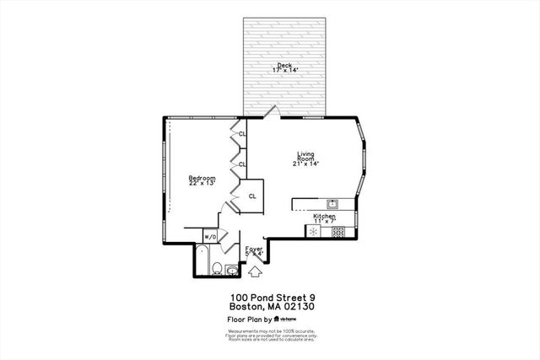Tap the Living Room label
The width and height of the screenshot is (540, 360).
point(305,158)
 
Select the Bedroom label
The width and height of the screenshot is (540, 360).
point(202,180)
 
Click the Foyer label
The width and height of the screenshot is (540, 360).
point(253,250)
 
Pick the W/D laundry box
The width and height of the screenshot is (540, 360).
point(212,237)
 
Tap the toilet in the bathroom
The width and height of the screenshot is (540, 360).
point(216,269)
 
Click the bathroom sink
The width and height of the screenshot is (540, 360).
point(232,270)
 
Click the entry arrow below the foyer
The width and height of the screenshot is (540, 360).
point(255,271)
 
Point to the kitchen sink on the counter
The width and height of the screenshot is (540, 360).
point(332,203)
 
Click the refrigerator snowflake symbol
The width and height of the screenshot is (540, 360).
point(313,231)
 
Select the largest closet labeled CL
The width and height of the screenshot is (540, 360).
point(251,196)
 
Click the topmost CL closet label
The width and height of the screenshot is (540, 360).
point(242,134)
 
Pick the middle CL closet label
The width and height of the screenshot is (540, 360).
point(242,164)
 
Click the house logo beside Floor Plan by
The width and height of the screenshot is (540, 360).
point(278,320)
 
